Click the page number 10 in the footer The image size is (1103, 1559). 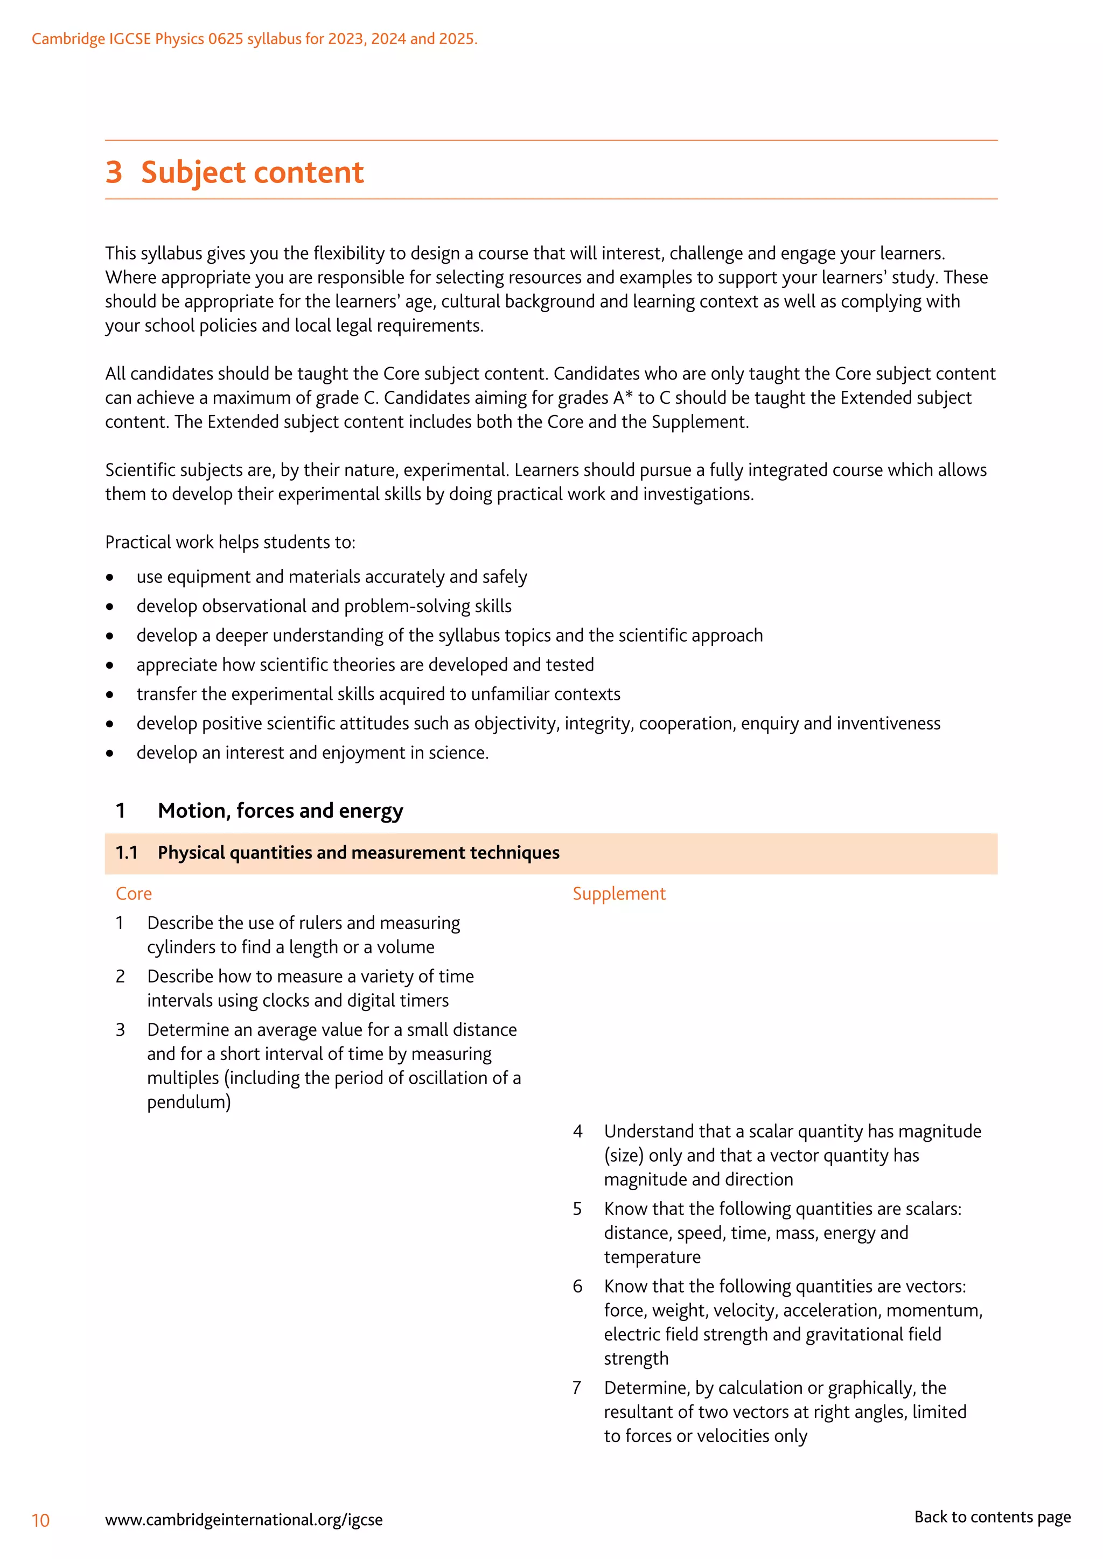(41, 1520)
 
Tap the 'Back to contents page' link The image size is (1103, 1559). (992, 1517)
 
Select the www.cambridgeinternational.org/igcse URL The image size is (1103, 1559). (244, 1520)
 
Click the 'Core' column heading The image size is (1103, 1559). (134, 894)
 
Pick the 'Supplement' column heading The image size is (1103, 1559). (619, 894)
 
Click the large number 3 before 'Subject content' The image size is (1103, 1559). (114, 172)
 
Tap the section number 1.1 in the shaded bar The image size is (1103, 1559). (127, 853)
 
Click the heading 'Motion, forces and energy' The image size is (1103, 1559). (281, 811)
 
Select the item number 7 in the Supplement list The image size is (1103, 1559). (577, 1388)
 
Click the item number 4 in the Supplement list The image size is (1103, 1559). (577, 1131)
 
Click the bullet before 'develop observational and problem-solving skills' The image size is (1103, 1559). (110, 606)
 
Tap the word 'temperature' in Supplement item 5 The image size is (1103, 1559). (652, 1258)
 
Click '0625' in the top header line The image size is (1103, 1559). (226, 39)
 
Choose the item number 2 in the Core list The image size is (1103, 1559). (120, 977)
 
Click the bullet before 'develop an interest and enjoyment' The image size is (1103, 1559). (110, 753)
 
